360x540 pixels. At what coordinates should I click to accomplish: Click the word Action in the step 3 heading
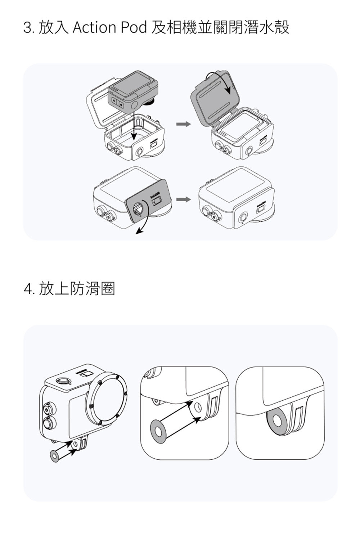94,28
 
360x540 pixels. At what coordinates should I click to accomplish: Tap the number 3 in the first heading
27,28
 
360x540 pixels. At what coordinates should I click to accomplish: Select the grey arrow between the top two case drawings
183,124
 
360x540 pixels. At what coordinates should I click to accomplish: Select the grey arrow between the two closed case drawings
183,199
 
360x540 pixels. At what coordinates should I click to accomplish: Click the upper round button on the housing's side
47,409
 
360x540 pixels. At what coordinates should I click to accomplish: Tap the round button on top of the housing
63,380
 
